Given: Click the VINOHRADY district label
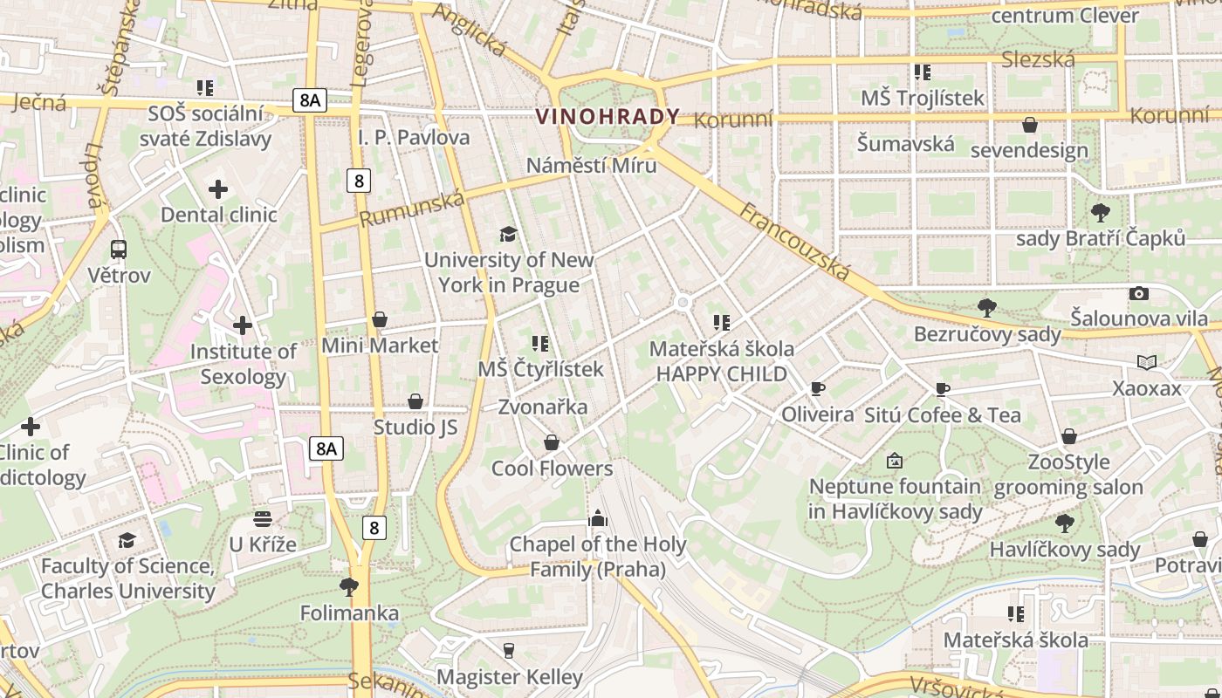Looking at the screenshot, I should pyautogui.click(x=608, y=116).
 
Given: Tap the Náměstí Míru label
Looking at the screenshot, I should pyautogui.click(x=591, y=165).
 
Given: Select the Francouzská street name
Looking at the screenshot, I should pyautogui.click(x=794, y=242).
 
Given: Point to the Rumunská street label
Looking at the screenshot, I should pyautogui.click(x=412, y=209).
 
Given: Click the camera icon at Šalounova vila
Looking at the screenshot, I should pyautogui.click(x=1138, y=294).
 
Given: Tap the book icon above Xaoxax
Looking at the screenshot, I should pyautogui.click(x=1146, y=362).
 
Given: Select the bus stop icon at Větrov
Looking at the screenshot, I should pyautogui.click(x=119, y=250).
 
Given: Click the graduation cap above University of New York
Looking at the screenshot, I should pyautogui.click(x=508, y=234).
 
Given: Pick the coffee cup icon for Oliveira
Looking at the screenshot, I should pyautogui.click(x=817, y=388).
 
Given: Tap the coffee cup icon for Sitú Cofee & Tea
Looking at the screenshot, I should pyautogui.click(x=942, y=389).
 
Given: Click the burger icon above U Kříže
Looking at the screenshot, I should pyautogui.click(x=263, y=519).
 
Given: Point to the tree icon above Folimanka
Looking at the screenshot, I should pyautogui.click(x=349, y=586).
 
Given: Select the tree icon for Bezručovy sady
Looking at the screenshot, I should pyautogui.click(x=987, y=307).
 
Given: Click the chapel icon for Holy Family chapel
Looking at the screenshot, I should pyautogui.click(x=597, y=519).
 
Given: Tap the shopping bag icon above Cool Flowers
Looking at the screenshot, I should pyautogui.click(x=552, y=443).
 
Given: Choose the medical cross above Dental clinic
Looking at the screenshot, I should pyautogui.click(x=218, y=189).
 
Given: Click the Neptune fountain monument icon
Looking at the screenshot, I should pyautogui.click(x=895, y=461).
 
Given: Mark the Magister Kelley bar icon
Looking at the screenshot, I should pyautogui.click(x=509, y=650).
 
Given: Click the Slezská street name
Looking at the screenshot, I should pyautogui.click(x=1038, y=59).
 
